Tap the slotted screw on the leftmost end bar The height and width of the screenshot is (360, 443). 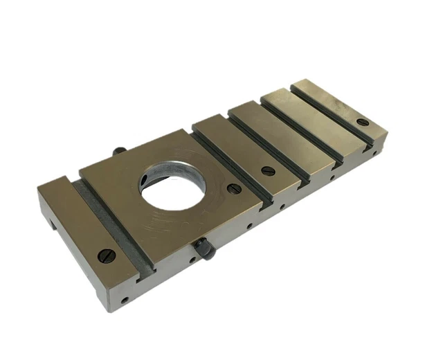(x=106, y=255)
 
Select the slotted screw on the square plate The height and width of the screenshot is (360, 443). (x=235, y=188)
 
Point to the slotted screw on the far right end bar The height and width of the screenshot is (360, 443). (x=363, y=123)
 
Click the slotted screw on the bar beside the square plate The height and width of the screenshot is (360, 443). (x=268, y=170)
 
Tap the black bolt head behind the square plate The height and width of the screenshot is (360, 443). (x=119, y=150)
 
